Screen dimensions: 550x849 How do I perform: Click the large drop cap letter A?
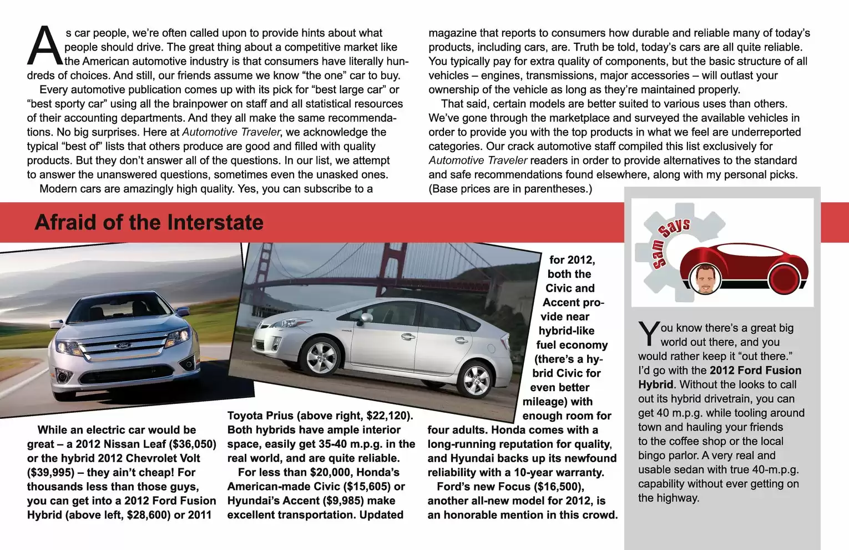44,46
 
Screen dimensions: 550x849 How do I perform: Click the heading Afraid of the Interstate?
149,222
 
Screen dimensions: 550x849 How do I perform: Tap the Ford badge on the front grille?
123,346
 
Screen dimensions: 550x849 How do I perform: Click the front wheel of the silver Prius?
321,356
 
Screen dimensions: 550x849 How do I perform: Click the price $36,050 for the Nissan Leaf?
193,444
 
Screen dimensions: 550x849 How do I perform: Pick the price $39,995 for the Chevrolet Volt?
50,472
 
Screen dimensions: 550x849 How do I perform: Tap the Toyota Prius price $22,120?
388,416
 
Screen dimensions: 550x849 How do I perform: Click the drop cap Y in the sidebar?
648,333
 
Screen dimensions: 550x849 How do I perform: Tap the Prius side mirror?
366,318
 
